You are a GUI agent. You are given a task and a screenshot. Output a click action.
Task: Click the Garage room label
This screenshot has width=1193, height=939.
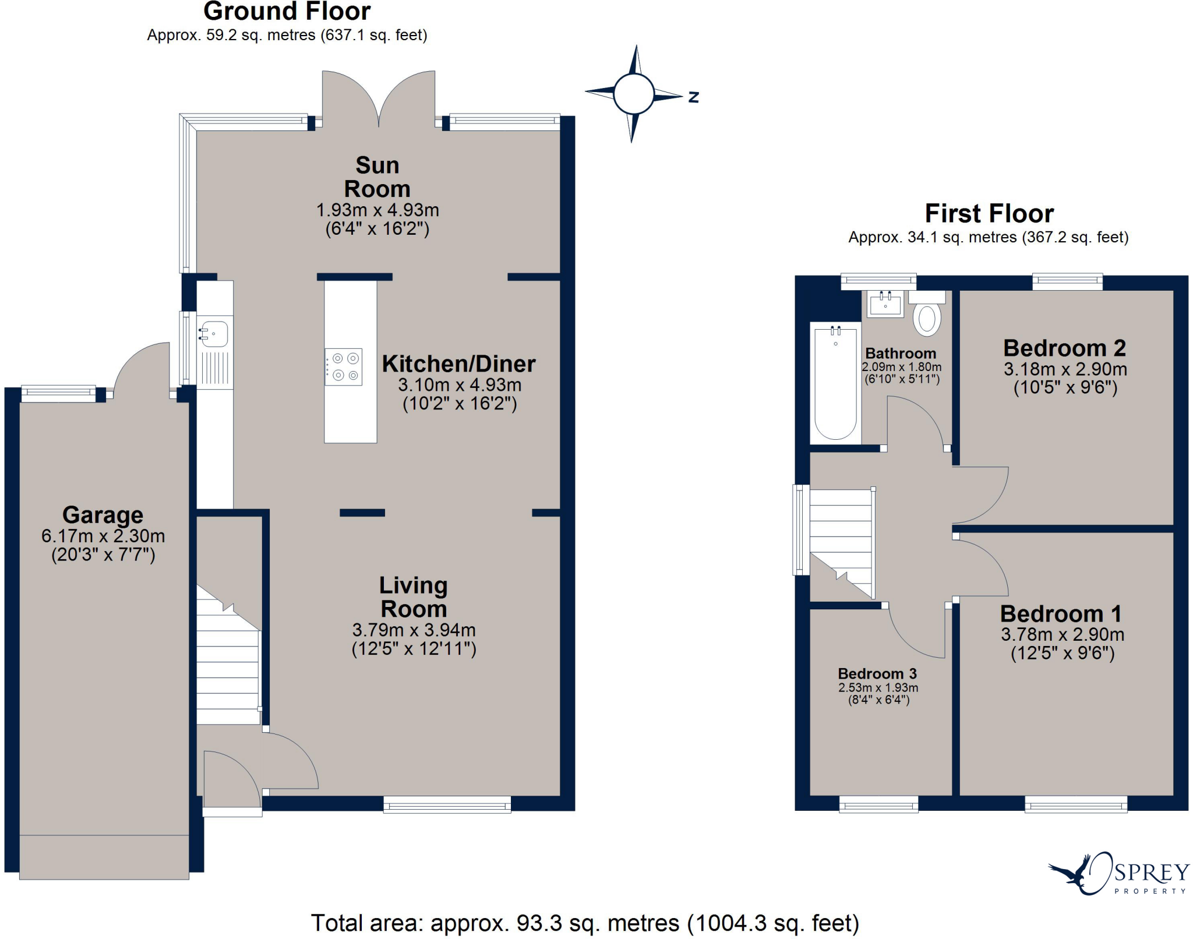(x=103, y=515)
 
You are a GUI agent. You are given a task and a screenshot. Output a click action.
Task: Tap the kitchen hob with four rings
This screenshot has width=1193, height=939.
(x=344, y=367)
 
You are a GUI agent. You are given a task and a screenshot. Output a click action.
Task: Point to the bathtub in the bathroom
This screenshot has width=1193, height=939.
(x=835, y=383)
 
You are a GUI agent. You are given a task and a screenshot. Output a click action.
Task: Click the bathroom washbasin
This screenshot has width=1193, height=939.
(x=885, y=304)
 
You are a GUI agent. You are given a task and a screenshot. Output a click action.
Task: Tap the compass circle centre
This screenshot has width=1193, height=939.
(x=633, y=94)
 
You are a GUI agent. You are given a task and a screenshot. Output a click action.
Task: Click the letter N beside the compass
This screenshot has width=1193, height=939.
(x=693, y=97)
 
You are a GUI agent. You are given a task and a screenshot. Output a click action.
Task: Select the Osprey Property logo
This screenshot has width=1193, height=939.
(x=1119, y=874)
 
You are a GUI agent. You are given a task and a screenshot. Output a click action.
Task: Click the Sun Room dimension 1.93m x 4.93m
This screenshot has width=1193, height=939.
(x=377, y=210)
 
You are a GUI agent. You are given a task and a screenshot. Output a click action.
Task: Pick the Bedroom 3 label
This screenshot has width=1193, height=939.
(x=877, y=673)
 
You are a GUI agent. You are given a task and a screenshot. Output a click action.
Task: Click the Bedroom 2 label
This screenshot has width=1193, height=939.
(x=1064, y=348)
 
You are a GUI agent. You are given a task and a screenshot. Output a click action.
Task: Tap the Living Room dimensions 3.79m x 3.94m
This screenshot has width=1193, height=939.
(x=414, y=630)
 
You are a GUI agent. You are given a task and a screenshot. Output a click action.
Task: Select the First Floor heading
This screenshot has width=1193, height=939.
(x=989, y=214)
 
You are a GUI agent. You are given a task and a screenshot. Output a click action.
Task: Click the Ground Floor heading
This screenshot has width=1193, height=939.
(x=287, y=12)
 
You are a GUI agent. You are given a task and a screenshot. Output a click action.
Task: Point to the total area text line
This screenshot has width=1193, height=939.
(x=585, y=923)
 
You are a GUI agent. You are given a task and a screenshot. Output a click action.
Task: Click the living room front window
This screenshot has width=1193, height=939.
(x=447, y=806)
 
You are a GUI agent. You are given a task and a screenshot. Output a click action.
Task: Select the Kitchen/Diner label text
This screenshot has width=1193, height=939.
(x=458, y=364)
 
